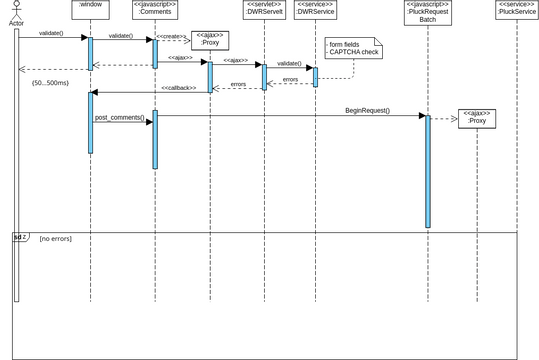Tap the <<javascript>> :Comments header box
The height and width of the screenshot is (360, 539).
point(155,11)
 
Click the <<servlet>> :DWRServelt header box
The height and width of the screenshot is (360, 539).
point(265,11)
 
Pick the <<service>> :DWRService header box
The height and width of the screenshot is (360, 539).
point(315,11)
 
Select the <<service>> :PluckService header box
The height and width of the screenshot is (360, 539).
point(516,11)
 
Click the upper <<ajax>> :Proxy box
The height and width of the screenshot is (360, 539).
point(209,40)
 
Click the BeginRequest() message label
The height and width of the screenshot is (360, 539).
point(367,110)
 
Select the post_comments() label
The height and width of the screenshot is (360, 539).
point(119,118)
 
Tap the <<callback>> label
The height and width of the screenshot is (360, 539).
point(179,88)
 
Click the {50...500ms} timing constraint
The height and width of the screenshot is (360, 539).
point(50,81)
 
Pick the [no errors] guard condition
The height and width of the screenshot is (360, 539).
point(56,239)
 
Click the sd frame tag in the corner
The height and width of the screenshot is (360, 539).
point(20,238)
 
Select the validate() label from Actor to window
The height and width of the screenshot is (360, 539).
point(51,34)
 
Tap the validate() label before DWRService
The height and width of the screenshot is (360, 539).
point(289,63)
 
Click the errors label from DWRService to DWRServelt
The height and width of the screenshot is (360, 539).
point(290,79)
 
